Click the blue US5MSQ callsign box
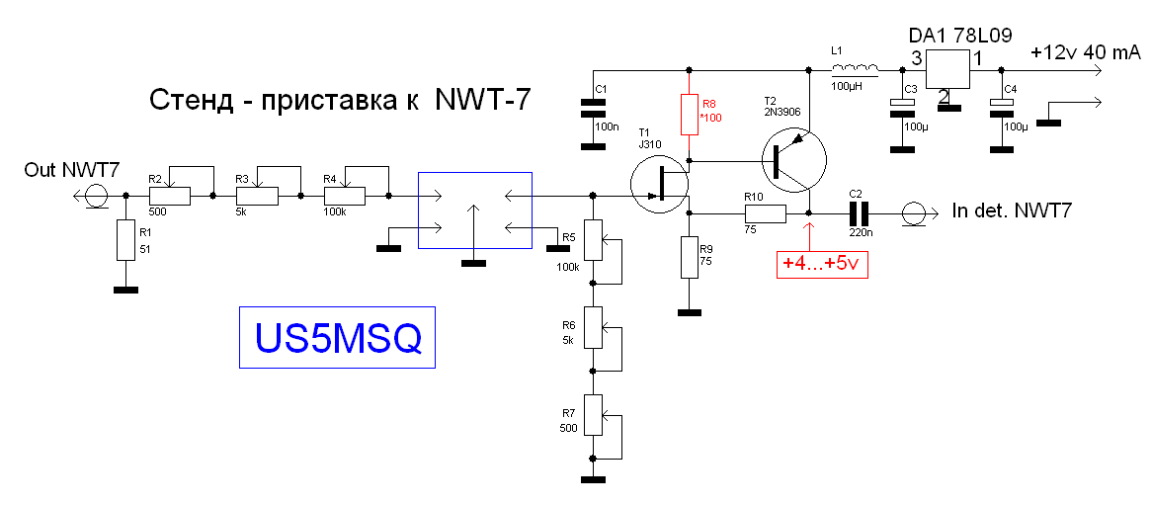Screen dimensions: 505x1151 click(337, 338)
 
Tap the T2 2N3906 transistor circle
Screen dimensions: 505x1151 click(792, 159)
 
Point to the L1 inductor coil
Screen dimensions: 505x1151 click(855, 69)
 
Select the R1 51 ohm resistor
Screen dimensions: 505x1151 click(124, 239)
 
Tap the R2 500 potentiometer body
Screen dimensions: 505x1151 click(169, 197)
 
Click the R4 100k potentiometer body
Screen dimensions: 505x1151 click(344, 197)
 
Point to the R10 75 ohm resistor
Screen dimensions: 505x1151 click(765, 212)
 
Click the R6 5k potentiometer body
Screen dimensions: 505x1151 click(593, 327)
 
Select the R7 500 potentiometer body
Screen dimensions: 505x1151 click(593, 414)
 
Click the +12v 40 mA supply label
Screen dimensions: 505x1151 click(1085, 53)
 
